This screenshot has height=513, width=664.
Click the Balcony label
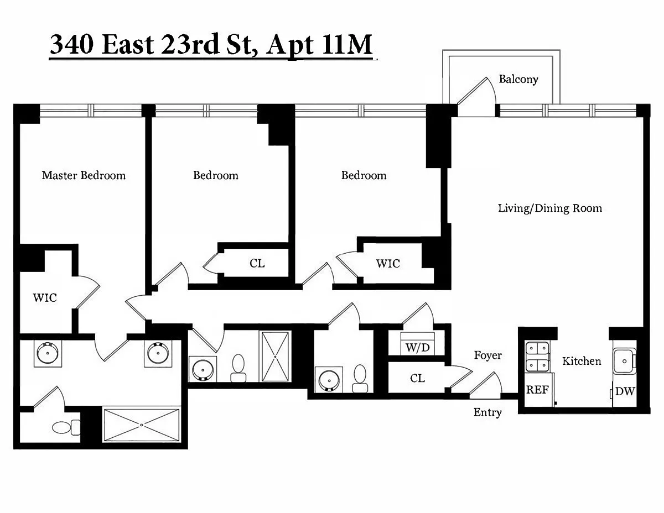[x=518, y=80]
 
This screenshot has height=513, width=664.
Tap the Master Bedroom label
[x=84, y=175]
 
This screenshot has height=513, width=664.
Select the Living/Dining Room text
[x=549, y=208]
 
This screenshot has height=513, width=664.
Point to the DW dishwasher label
[x=625, y=391]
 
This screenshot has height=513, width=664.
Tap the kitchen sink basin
[x=625, y=362]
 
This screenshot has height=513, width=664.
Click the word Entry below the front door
[x=487, y=412]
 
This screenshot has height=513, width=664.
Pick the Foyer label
[x=487, y=355]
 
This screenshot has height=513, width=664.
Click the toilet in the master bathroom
[x=66, y=427]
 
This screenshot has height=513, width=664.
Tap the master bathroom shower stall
[x=142, y=425]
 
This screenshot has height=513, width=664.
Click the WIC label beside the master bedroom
[x=45, y=298]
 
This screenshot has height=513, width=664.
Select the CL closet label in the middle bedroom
[x=257, y=263]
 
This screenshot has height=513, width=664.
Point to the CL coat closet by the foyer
[x=417, y=379]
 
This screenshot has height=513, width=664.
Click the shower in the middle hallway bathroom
[x=275, y=357]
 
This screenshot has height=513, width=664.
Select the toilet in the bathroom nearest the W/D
[x=360, y=379]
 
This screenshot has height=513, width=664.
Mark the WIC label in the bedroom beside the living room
[x=388, y=264]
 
